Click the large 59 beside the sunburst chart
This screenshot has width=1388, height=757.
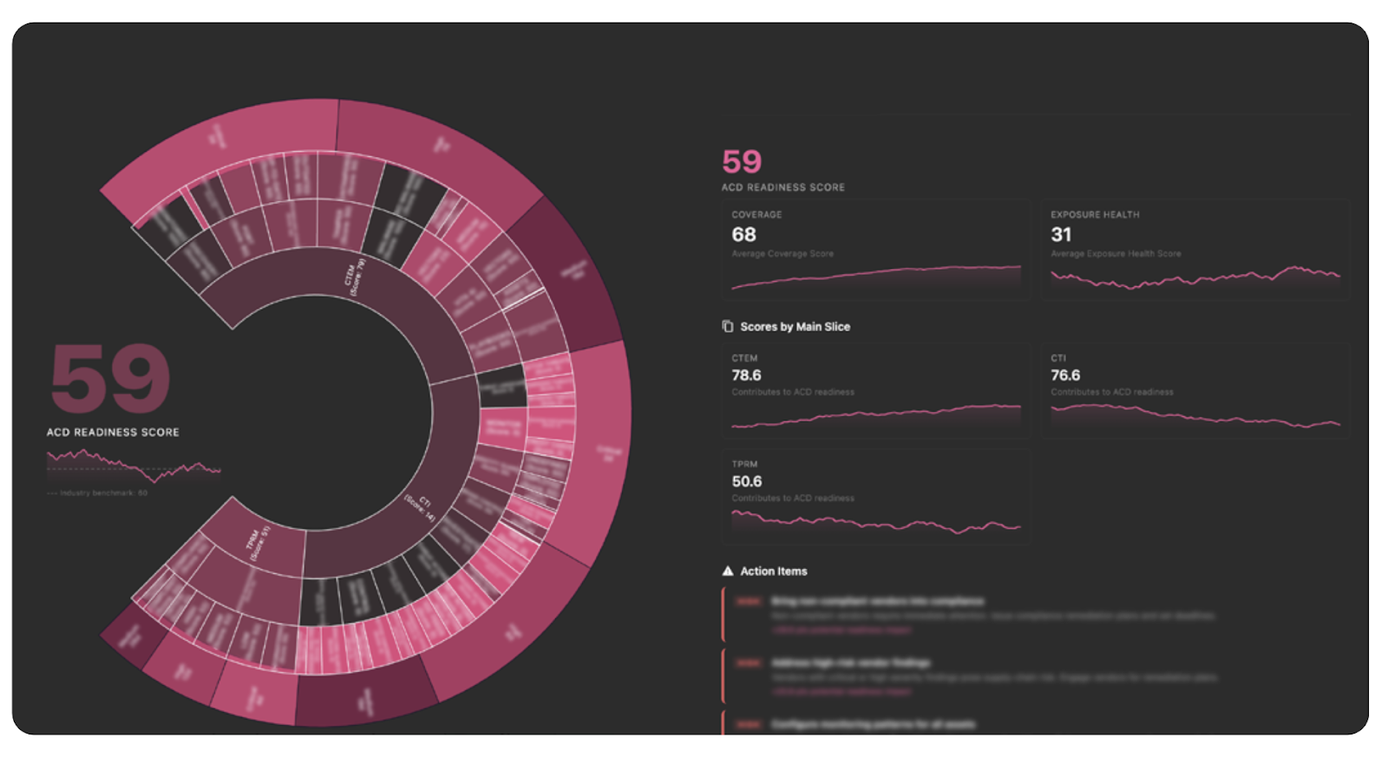tap(110, 378)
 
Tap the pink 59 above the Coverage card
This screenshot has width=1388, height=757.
tap(742, 162)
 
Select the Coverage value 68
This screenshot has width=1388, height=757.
tap(743, 235)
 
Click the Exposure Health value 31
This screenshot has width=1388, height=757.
tap(1061, 235)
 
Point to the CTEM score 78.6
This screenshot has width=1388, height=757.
tap(746, 375)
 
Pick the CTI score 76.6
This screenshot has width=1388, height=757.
tap(1065, 375)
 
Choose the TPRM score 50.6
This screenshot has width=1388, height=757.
tap(746, 481)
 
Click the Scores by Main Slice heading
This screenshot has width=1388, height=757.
tap(795, 327)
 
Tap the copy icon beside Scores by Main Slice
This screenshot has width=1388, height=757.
tap(728, 327)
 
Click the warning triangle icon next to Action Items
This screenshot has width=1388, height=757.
tap(728, 571)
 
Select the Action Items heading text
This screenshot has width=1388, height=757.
tap(773, 571)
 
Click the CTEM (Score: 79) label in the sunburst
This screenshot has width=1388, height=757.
tap(355, 277)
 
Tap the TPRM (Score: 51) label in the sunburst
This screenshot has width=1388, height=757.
tap(259, 543)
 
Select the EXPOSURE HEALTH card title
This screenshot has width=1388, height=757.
tap(1095, 215)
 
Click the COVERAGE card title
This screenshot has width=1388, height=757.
tap(756, 215)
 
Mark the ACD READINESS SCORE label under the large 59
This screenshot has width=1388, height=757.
tap(113, 432)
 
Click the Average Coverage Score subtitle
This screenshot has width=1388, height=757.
tap(782, 254)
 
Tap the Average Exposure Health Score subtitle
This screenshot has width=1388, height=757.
tap(1116, 254)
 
